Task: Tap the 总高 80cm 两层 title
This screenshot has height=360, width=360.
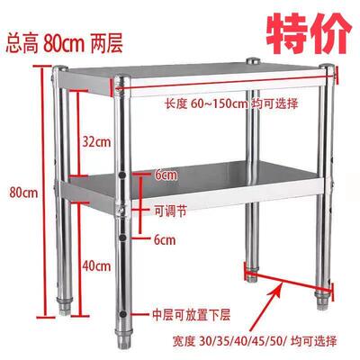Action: tap(64, 44)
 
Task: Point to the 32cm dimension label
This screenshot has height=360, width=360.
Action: tap(96, 141)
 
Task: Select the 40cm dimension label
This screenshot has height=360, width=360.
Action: tap(96, 266)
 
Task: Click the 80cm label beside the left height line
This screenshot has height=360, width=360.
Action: tap(23, 193)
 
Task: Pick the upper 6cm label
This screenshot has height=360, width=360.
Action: tap(166, 175)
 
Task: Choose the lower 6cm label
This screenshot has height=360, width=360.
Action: tap(165, 240)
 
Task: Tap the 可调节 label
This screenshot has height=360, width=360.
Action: tap(170, 211)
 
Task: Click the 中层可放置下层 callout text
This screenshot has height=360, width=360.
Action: tap(192, 315)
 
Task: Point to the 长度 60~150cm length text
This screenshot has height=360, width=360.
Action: tap(231, 103)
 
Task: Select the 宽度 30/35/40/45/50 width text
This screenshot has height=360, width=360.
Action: tap(255, 341)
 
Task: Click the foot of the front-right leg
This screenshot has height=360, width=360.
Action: tap(322, 301)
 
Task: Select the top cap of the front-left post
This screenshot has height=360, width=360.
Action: tap(122, 78)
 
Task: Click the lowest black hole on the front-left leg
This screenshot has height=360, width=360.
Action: tap(122, 314)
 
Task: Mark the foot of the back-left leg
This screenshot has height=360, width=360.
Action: tap(64, 307)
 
